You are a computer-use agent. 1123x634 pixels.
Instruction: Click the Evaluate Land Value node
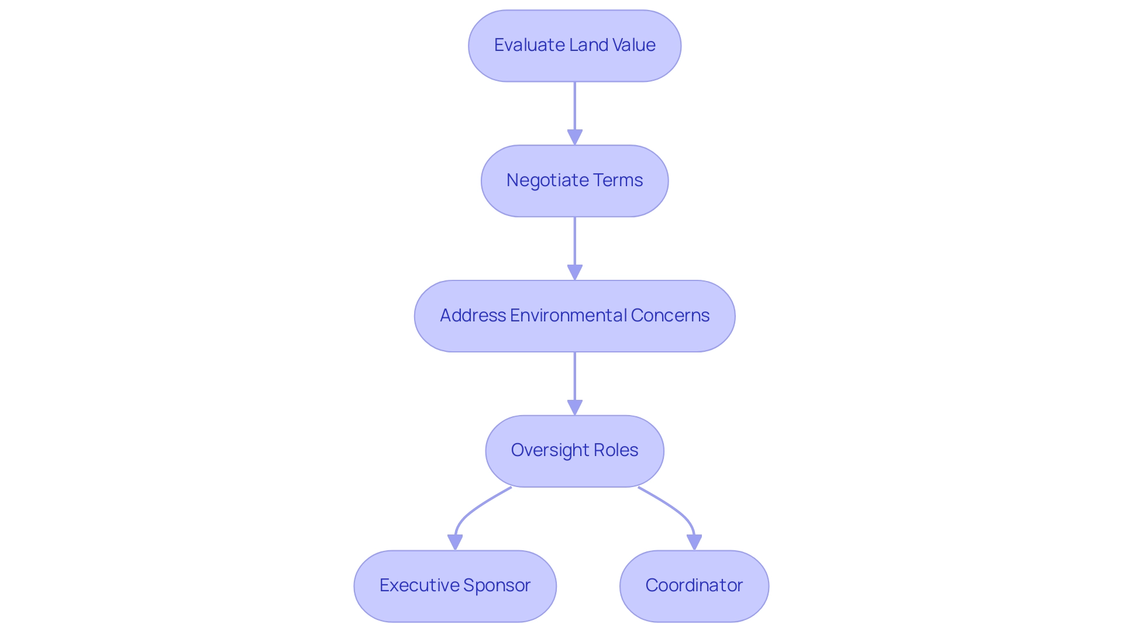574,46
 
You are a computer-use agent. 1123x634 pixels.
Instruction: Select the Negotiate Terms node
574,181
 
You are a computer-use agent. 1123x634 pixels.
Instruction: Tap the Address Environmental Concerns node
574,316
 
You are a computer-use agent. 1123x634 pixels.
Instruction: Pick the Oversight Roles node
574,451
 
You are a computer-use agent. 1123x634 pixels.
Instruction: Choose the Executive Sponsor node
455,586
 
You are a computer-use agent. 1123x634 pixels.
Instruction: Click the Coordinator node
694,586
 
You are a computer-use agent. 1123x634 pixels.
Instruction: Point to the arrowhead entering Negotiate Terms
575,137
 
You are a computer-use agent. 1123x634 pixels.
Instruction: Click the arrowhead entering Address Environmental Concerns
575,272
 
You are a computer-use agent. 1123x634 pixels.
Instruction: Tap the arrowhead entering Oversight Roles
575,407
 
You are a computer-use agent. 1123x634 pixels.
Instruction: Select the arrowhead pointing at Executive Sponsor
455,542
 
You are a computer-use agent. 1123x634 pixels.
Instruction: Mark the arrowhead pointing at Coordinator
694,542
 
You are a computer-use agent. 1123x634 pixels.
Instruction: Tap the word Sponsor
497,585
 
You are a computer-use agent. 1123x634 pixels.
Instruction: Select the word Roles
615,450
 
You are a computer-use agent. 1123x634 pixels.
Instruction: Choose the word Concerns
670,316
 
